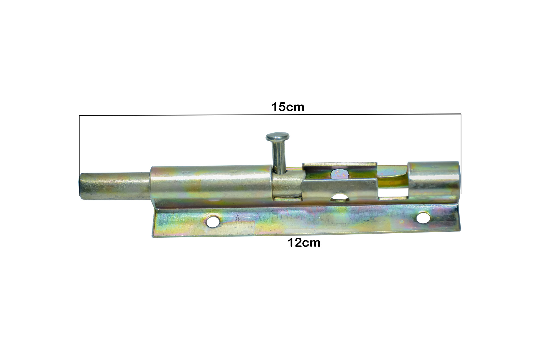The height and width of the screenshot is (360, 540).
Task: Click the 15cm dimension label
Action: pos(288,107)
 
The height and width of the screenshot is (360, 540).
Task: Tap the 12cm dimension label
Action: pos(304,243)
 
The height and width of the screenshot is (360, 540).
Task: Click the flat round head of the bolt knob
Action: pos(278,137)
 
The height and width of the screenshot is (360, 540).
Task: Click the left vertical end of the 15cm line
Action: pos(79,155)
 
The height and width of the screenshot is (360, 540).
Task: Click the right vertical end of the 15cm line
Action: pos(461,154)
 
